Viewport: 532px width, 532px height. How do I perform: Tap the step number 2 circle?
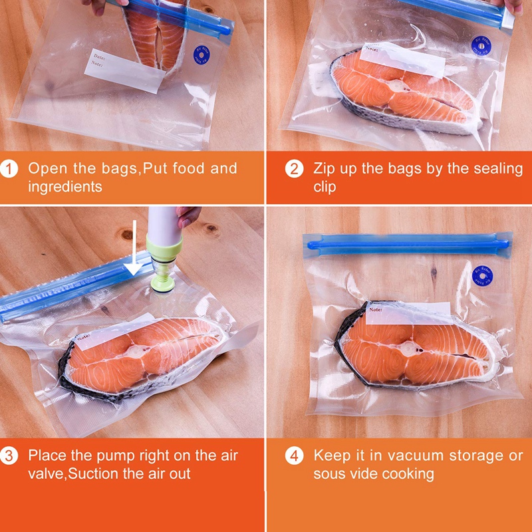pos(295,169)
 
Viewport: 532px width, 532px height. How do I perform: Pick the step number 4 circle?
pos(295,456)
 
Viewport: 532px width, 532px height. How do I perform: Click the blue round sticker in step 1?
pos(200,55)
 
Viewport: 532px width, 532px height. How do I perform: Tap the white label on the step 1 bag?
pos(125,70)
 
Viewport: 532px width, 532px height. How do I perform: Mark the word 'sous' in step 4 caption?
pos(330,474)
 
